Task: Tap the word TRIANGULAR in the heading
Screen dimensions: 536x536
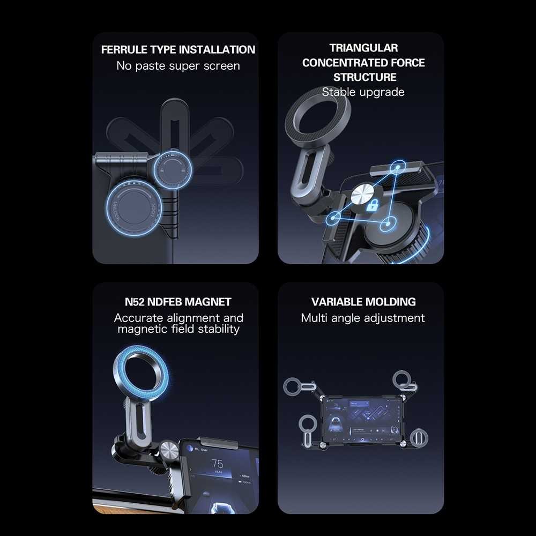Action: [x=363, y=48]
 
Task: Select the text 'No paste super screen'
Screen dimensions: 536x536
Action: [x=178, y=66]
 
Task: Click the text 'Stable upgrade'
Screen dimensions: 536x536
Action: [x=363, y=92]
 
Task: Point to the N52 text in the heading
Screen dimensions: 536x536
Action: [x=133, y=302]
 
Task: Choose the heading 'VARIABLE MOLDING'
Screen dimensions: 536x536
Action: [x=363, y=302]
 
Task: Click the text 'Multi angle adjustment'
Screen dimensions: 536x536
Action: [x=363, y=318]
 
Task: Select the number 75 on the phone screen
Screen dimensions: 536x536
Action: [x=217, y=464]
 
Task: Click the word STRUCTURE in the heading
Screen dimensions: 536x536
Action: [x=364, y=77]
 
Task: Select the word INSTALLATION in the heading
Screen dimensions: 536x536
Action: [x=217, y=50]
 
